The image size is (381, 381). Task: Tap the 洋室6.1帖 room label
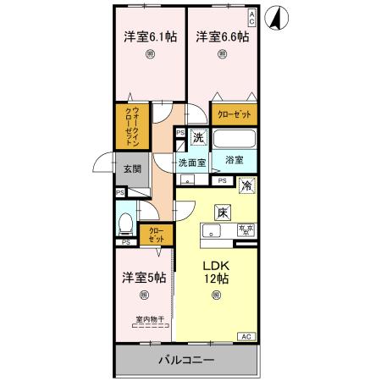(x=150, y=36)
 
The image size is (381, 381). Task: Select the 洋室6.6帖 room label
(x=222, y=36)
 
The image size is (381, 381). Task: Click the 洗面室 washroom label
(x=191, y=163)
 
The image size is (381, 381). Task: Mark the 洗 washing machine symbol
(x=197, y=137)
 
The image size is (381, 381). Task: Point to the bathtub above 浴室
(x=235, y=140)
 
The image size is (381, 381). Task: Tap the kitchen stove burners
(x=246, y=230)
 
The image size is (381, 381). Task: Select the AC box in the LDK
(x=246, y=337)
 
